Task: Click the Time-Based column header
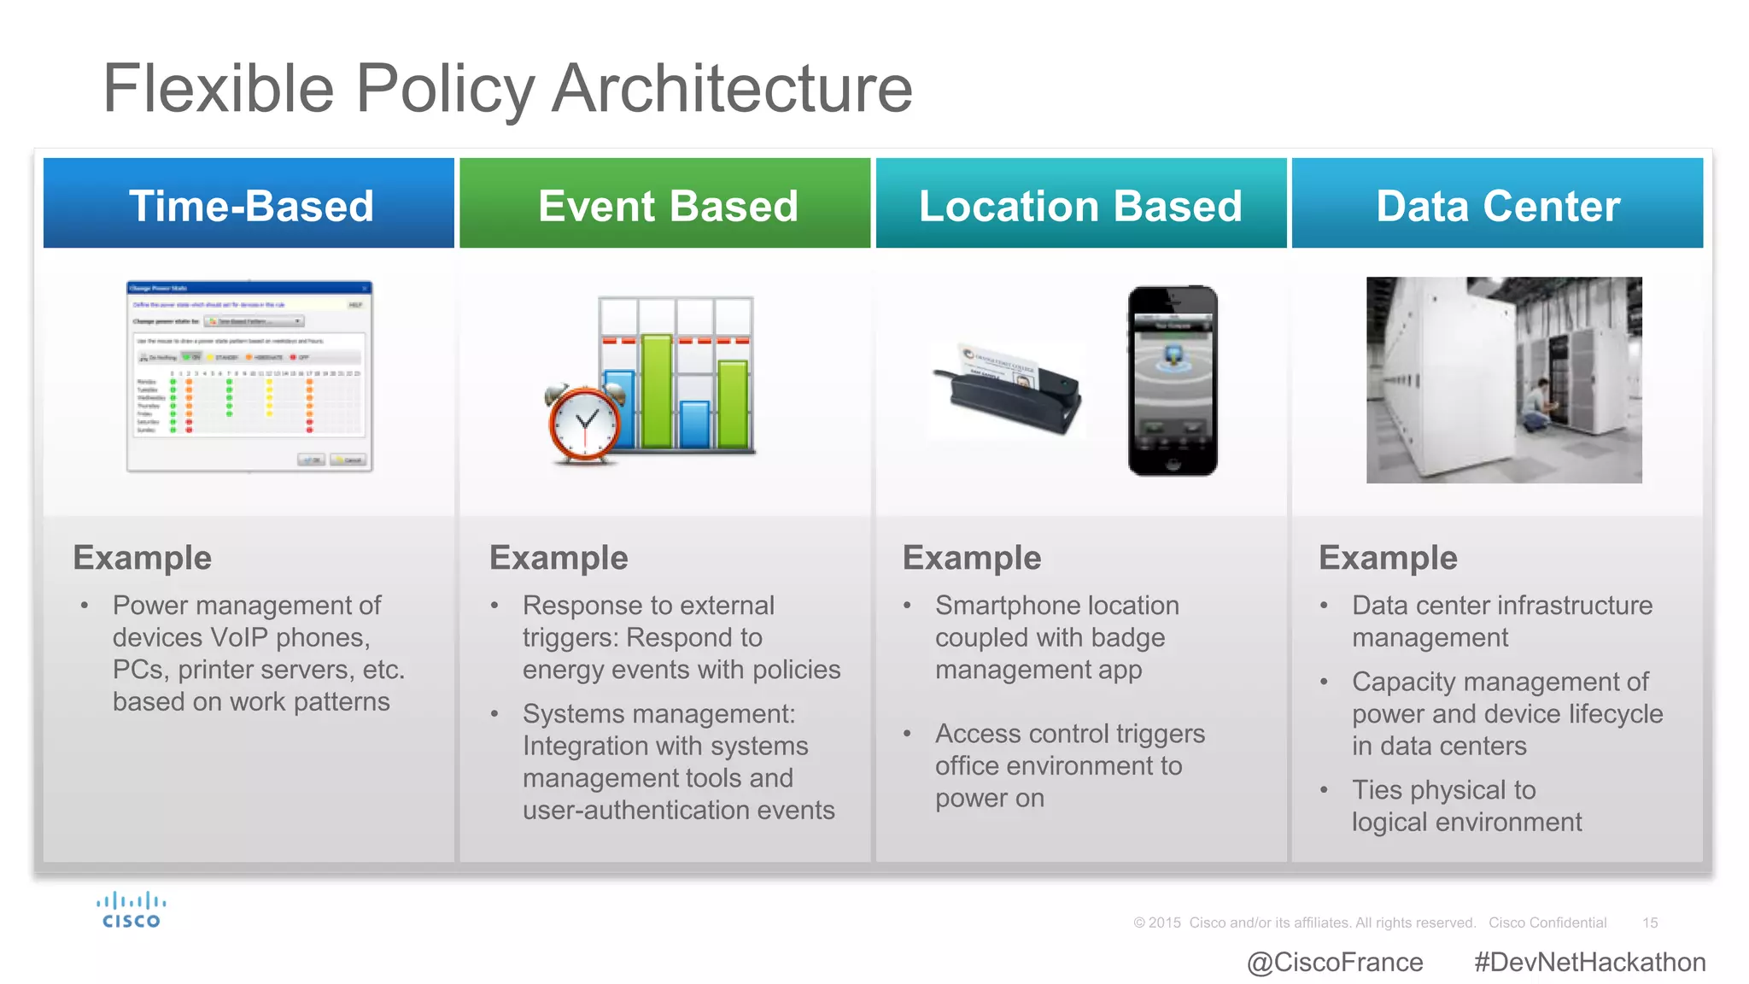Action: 249,205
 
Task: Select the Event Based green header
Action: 666,205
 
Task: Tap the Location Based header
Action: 1080,205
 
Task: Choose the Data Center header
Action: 1497,205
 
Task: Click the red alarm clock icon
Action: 585,424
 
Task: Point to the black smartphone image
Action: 1172,381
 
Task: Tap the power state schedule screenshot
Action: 249,376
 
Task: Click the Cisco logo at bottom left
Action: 131,911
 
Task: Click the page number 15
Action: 1649,922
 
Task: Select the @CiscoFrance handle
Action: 1334,962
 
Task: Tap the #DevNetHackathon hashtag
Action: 1589,962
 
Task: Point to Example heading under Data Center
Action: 1388,558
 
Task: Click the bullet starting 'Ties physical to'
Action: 1443,790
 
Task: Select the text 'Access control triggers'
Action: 1069,734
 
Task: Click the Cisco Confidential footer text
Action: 1547,922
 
